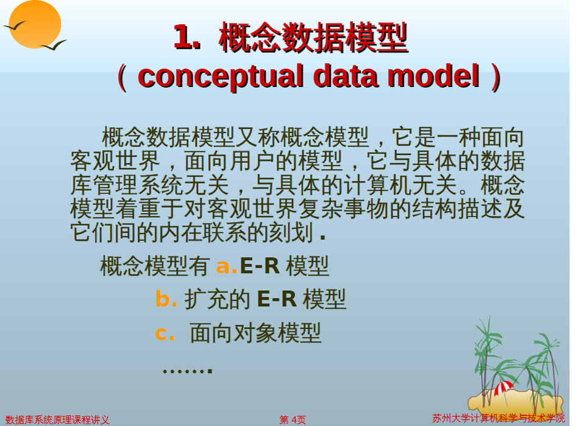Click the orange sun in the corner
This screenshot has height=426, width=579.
tap(35, 24)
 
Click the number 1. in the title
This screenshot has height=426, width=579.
tap(188, 37)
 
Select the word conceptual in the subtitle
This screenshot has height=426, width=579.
tap(221, 77)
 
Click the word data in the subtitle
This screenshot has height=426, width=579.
tap(346, 75)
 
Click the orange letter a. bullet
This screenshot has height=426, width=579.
tap(227, 266)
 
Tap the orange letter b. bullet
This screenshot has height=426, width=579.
tap(166, 298)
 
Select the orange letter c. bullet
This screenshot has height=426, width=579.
tap(165, 333)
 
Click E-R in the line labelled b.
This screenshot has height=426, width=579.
tap(277, 298)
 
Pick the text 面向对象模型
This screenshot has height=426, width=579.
tap(255, 333)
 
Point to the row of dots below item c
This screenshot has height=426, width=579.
tap(187, 369)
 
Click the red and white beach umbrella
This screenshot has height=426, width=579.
tap(503, 389)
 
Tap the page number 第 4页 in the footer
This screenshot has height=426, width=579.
tap(293, 420)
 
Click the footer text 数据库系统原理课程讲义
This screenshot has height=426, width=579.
tap(57, 420)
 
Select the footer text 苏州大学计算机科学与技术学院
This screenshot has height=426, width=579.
tap(499, 418)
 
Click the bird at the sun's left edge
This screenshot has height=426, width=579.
tap(14, 26)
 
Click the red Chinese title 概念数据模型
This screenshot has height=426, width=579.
tap(313, 37)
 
